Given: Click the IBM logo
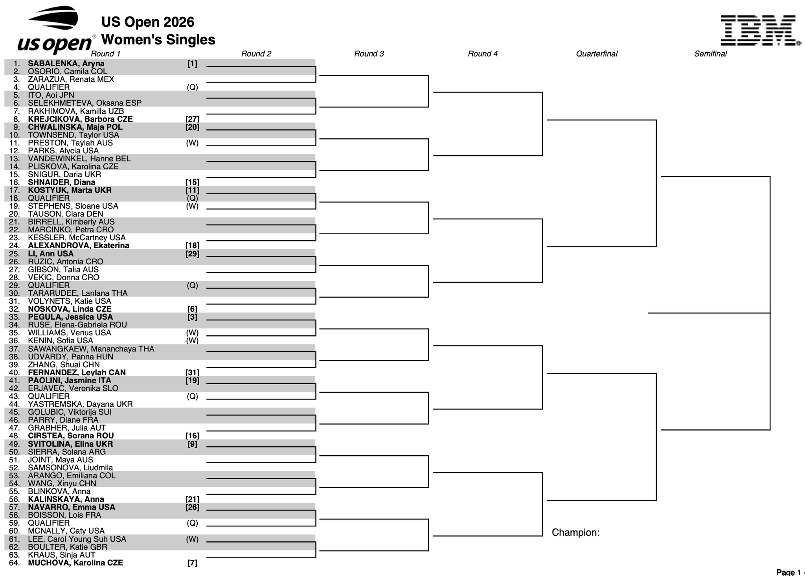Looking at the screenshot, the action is tap(760, 31).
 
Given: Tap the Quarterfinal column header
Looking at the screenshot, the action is tap(597, 54).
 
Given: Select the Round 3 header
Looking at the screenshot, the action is tap(369, 54).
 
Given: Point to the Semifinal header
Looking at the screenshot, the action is tap(710, 54).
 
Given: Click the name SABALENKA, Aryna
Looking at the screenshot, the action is tap(66, 64).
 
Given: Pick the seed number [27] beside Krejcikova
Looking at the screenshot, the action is tap(192, 119).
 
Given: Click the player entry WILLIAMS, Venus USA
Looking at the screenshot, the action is tap(70, 333).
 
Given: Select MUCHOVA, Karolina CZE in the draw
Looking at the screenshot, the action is tap(75, 563).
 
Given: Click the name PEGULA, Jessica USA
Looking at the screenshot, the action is tap(70, 317).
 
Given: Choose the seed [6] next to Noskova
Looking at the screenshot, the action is tap(192, 309).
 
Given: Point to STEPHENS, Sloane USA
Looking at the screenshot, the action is tap(73, 206).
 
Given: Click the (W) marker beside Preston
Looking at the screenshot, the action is tap(192, 143).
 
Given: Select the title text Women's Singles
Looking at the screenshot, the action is tap(158, 40).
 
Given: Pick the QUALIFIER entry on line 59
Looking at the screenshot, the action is tap(49, 523).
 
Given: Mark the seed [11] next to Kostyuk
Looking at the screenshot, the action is tap(192, 190).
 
